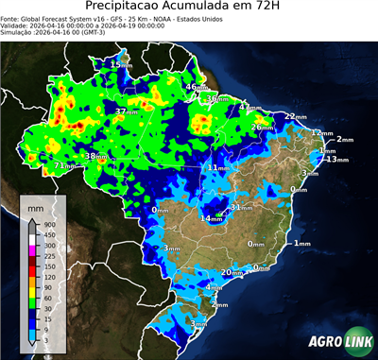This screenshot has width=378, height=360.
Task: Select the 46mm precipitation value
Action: click(196, 87)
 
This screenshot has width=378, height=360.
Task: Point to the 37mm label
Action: click(125, 112)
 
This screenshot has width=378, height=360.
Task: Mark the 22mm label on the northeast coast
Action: click(296, 116)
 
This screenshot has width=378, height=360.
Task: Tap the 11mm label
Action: click(218, 167)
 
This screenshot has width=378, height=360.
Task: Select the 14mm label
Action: click(211, 218)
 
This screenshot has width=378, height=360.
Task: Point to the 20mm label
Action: click(232, 273)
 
